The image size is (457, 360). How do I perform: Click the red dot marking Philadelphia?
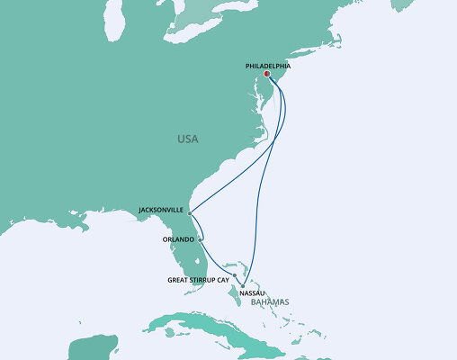pyautogui.click(x=267, y=75)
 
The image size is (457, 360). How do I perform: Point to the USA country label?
pyautogui.click(x=187, y=139)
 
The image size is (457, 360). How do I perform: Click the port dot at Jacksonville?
pyautogui.click(x=190, y=213)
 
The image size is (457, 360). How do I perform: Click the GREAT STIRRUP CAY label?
pyautogui.click(x=200, y=280)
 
